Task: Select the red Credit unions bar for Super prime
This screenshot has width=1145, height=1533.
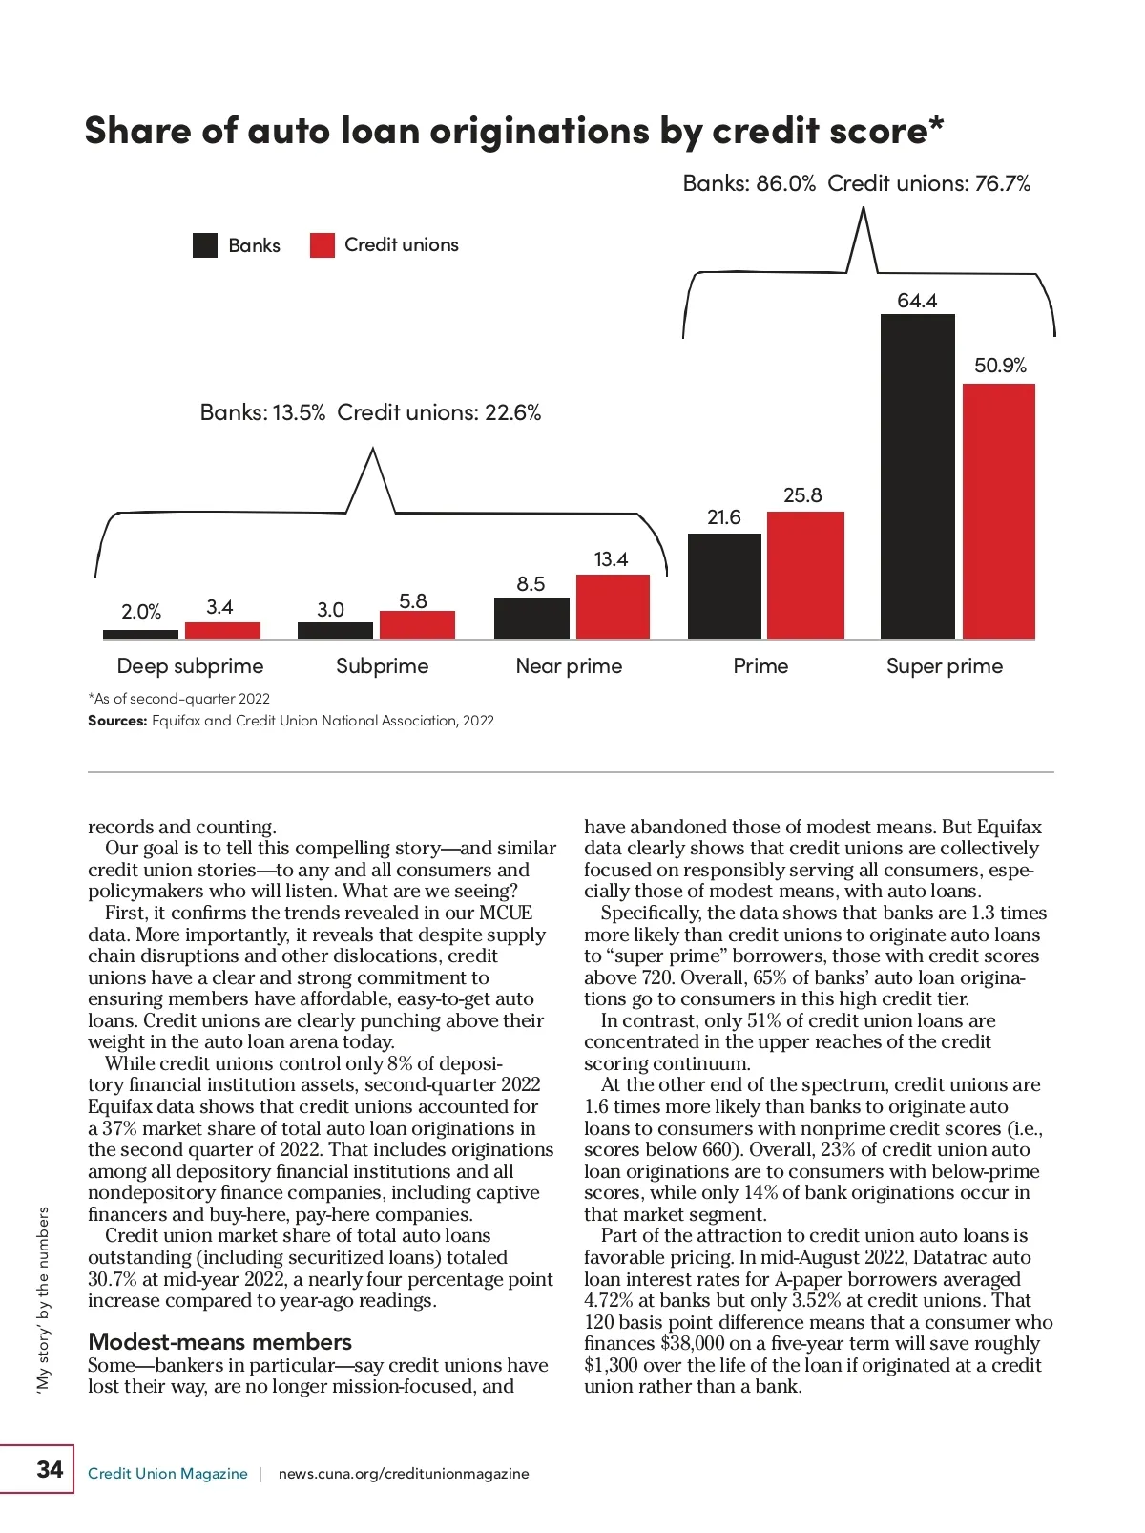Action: (x=999, y=511)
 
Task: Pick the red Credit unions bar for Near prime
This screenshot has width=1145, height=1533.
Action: (x=613, y=606)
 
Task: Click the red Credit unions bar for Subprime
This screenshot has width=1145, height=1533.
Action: (x=417, y=624)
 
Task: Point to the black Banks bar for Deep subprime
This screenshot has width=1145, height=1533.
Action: (x=140, y=634)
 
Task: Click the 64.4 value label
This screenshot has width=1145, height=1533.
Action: (x=917, y=301)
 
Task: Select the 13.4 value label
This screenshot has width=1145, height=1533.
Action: (x=611, y=559)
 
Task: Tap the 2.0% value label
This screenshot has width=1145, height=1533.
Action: (x=141, y=612)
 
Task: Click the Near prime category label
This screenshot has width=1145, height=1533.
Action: (x=569, y=666)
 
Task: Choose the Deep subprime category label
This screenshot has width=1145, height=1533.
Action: (x=190, y=666)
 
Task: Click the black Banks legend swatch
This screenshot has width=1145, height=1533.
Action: (x=205, y=245)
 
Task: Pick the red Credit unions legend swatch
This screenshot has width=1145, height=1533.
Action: (x=323, y=245)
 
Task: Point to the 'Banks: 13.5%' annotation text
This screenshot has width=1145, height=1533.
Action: (x=262, y=412)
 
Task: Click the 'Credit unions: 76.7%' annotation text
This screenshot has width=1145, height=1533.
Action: (x=928, y=183)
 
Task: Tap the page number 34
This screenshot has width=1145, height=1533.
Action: (x=50, y=1469)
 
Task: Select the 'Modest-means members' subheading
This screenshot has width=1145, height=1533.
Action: (x=219, y=1341)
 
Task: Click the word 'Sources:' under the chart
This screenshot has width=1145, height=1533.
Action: (x=117, y=721)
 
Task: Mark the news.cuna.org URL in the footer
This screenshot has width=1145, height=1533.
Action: (x=403, y=1474)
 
